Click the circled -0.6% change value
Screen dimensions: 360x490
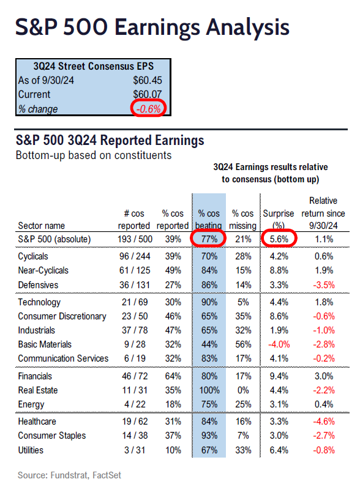click(148, 109)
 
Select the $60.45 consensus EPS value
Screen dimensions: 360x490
click(148, 80)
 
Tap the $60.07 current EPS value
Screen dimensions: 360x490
click(148, 94)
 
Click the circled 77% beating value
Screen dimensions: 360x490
click(209, 239)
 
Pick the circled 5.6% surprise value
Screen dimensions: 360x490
click(279, 239)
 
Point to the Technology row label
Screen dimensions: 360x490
click(39, 302)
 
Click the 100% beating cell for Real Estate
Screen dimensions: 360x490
click(209, 390)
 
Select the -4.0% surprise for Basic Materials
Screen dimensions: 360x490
click(279, 344)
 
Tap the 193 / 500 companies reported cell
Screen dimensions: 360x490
click(135, 239)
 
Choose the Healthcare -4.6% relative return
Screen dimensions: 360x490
click(324, 421)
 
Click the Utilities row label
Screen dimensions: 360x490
click(31, 450)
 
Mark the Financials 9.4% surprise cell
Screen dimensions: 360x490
click(279, 376)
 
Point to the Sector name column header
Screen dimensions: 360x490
click(41, 226)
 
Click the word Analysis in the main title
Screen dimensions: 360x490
click(248, 28)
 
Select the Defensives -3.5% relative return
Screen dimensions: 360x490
click(324, 285)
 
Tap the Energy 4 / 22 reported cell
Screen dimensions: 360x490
click(135, 404)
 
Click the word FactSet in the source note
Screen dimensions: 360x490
click(107, 475)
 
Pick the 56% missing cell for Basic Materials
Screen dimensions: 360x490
click(243, 344)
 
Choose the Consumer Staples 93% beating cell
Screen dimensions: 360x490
click(209, 436)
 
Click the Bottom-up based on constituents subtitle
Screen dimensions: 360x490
click(94, 155)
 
